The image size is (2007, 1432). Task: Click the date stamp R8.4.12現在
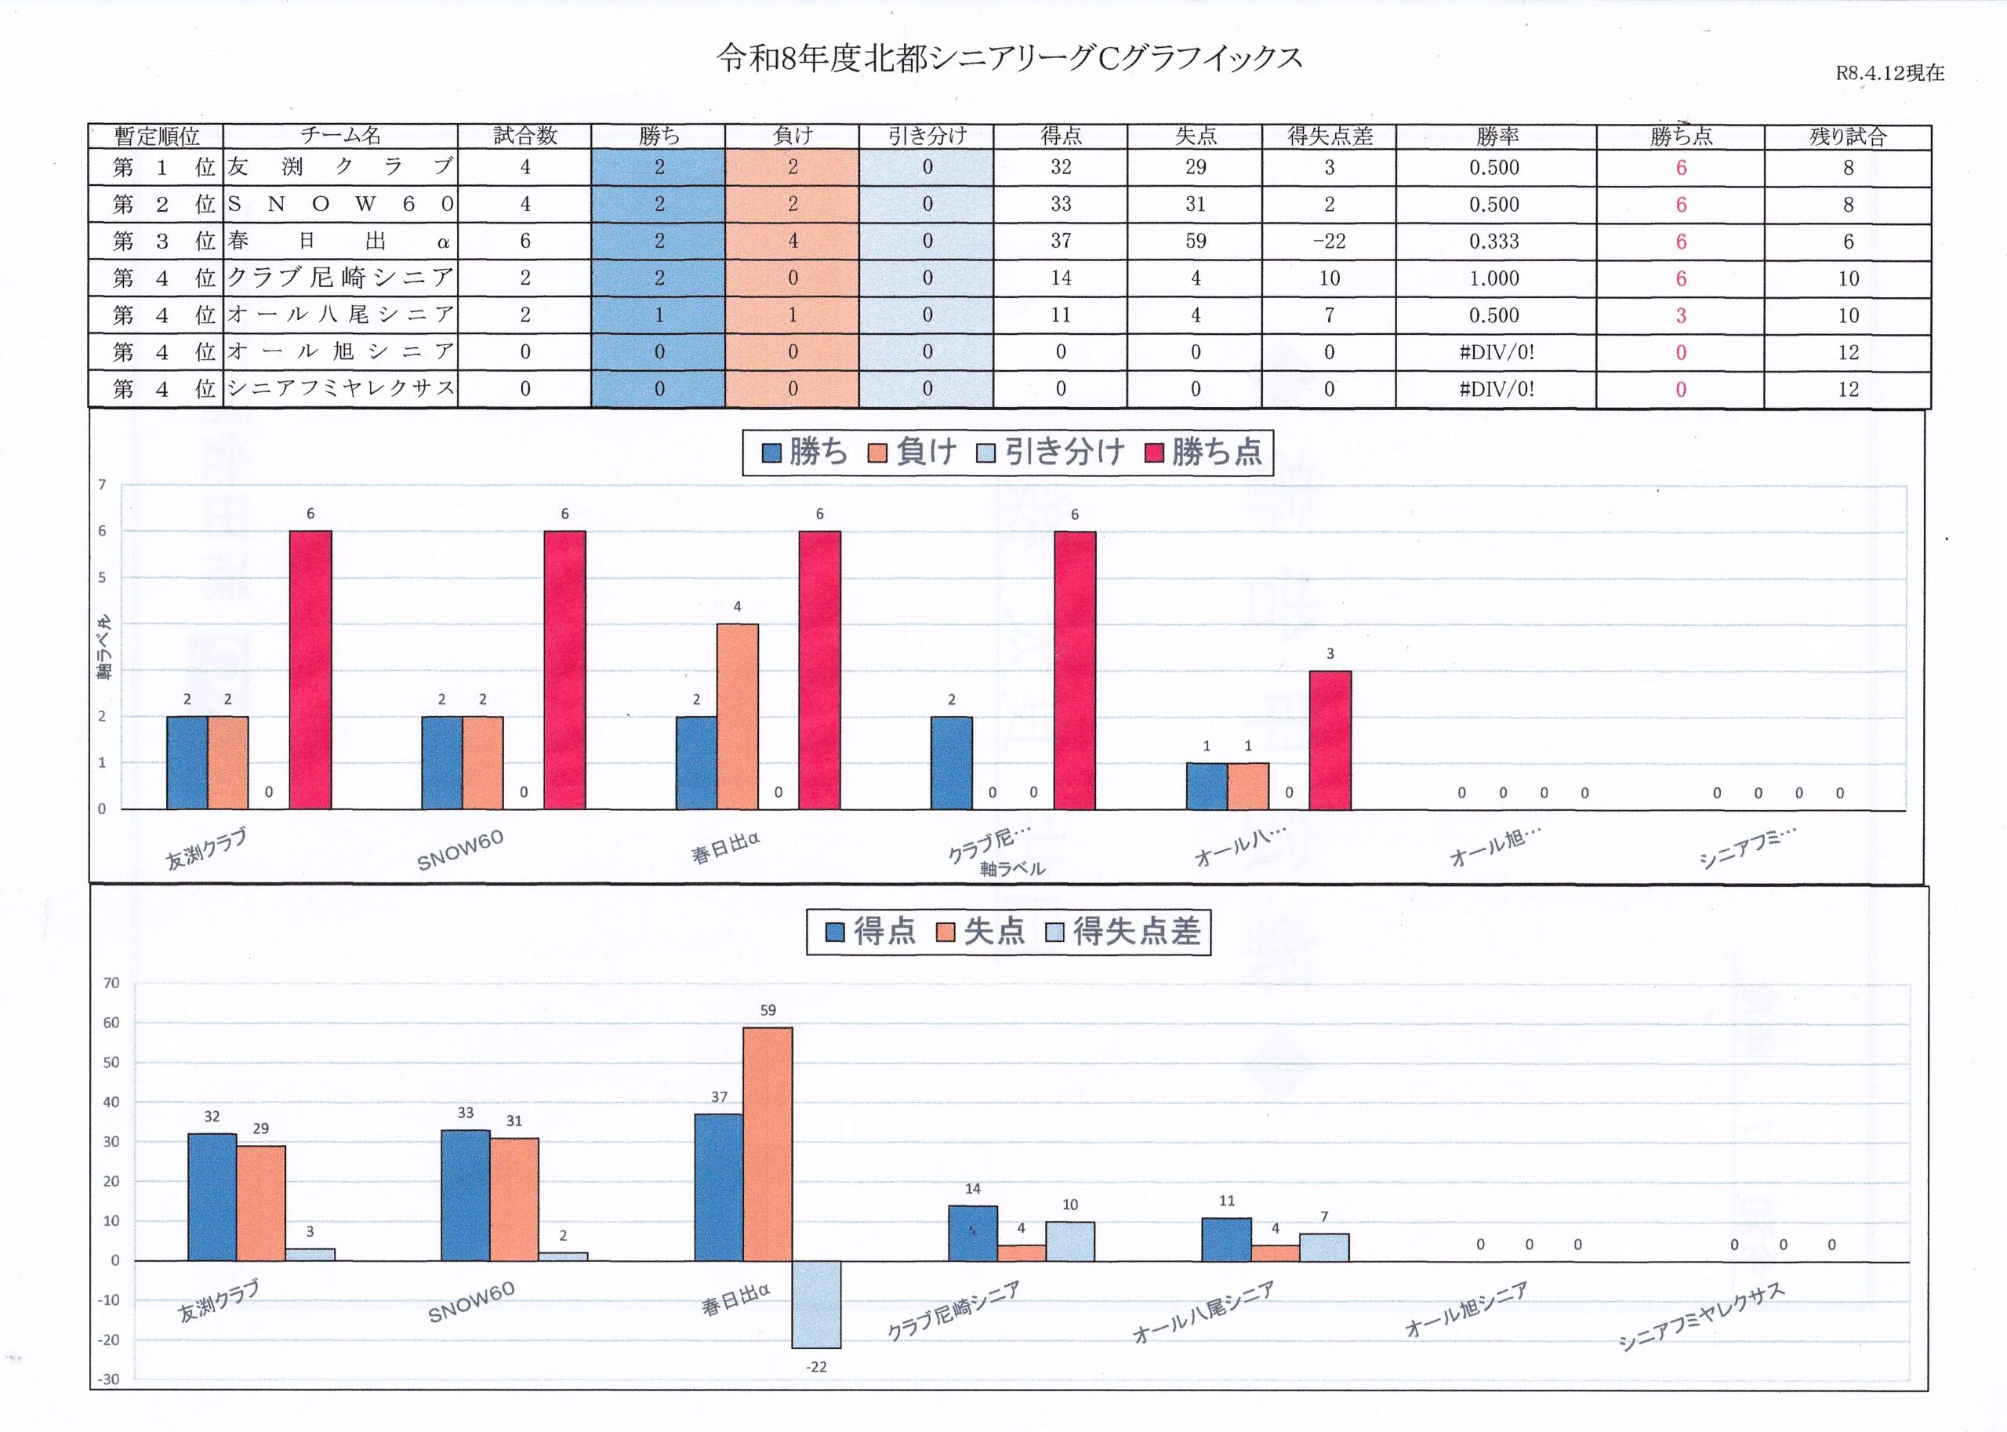pyautogui.click(x=1889, y=73)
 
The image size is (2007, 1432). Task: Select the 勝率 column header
pyautogui.click(x=1497, y=136)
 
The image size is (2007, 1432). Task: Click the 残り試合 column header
pyautogui.click(x=1848, y=136)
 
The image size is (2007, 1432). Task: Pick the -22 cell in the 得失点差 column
pyautogui.click(x=1329, y=242)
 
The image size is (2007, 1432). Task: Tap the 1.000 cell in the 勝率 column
pyautogui.click(x=1495, y=278)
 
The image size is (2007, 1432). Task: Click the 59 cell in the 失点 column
pyautogui.click(x=1196, y=242)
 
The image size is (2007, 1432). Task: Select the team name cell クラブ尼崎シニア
pyautogui.click(x=340, y=278)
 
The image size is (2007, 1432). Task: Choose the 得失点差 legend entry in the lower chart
pyautogui.click(x=1123, y=932)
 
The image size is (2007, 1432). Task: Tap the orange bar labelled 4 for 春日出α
pyautogui.click(x=737, y=716)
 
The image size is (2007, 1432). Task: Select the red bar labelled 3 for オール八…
pyautogui.click(x=1330, y=740)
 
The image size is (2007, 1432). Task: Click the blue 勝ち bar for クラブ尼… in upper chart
pyautogui.click(x=952, y=763)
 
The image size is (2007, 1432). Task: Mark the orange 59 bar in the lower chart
pyautogui.click(x=768, y=1143)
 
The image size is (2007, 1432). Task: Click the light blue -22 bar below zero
pyautogui.click(x=816, y=1304)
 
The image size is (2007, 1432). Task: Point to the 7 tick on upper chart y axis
pyautogui.click(x=102, y=485)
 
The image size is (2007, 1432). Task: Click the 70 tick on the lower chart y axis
pyautogui.click(x=111, y=983)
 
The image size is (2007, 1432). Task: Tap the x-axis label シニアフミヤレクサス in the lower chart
pyautogui.click(x=1700, y=1318)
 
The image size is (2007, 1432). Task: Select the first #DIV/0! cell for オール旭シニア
pyautogui.click(x=1497, y=353)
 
